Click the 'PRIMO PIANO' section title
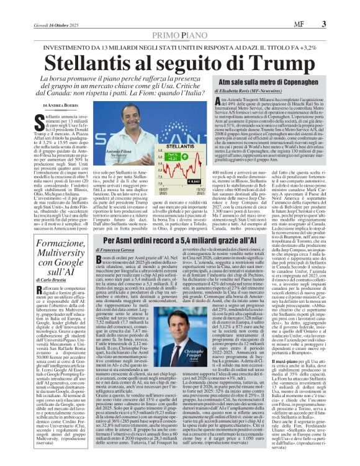180,19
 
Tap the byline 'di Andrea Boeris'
50,106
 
